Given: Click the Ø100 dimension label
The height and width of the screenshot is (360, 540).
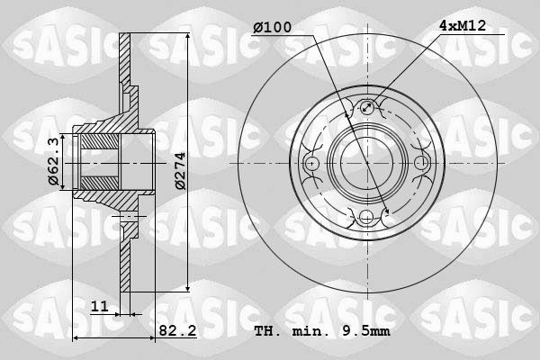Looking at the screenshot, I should click(x=273, y=28).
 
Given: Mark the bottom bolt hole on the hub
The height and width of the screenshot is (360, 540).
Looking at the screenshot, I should click(x=366, y=216).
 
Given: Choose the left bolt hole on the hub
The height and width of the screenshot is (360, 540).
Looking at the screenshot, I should click(x=312, y=163).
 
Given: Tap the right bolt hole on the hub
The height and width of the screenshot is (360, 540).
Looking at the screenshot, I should click(x=419, y=163).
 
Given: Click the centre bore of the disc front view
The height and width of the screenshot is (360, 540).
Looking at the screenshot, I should click(x=366, y=163).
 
